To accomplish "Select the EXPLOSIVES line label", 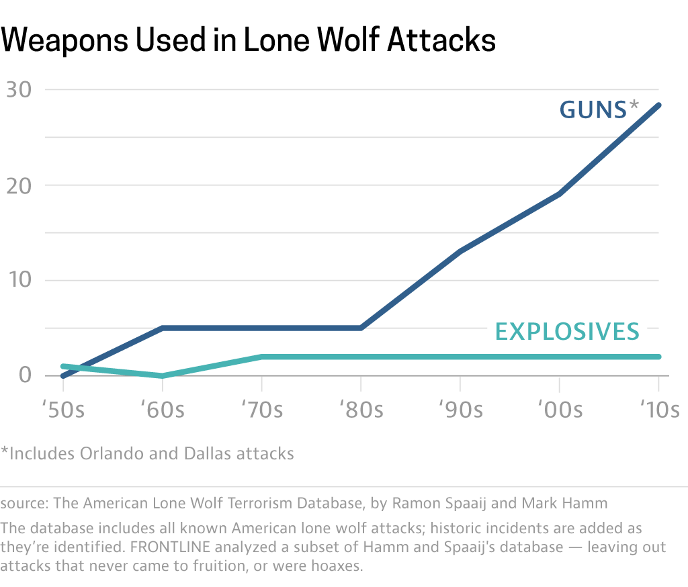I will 567,331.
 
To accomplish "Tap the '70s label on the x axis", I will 261,409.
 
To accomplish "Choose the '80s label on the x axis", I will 361,409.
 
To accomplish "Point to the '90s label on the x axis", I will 460,409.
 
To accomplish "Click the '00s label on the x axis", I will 560,409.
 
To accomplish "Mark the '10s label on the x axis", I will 658,409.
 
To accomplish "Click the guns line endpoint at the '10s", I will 658,105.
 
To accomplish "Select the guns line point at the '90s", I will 460,252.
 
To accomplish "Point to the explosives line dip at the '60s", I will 162,375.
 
